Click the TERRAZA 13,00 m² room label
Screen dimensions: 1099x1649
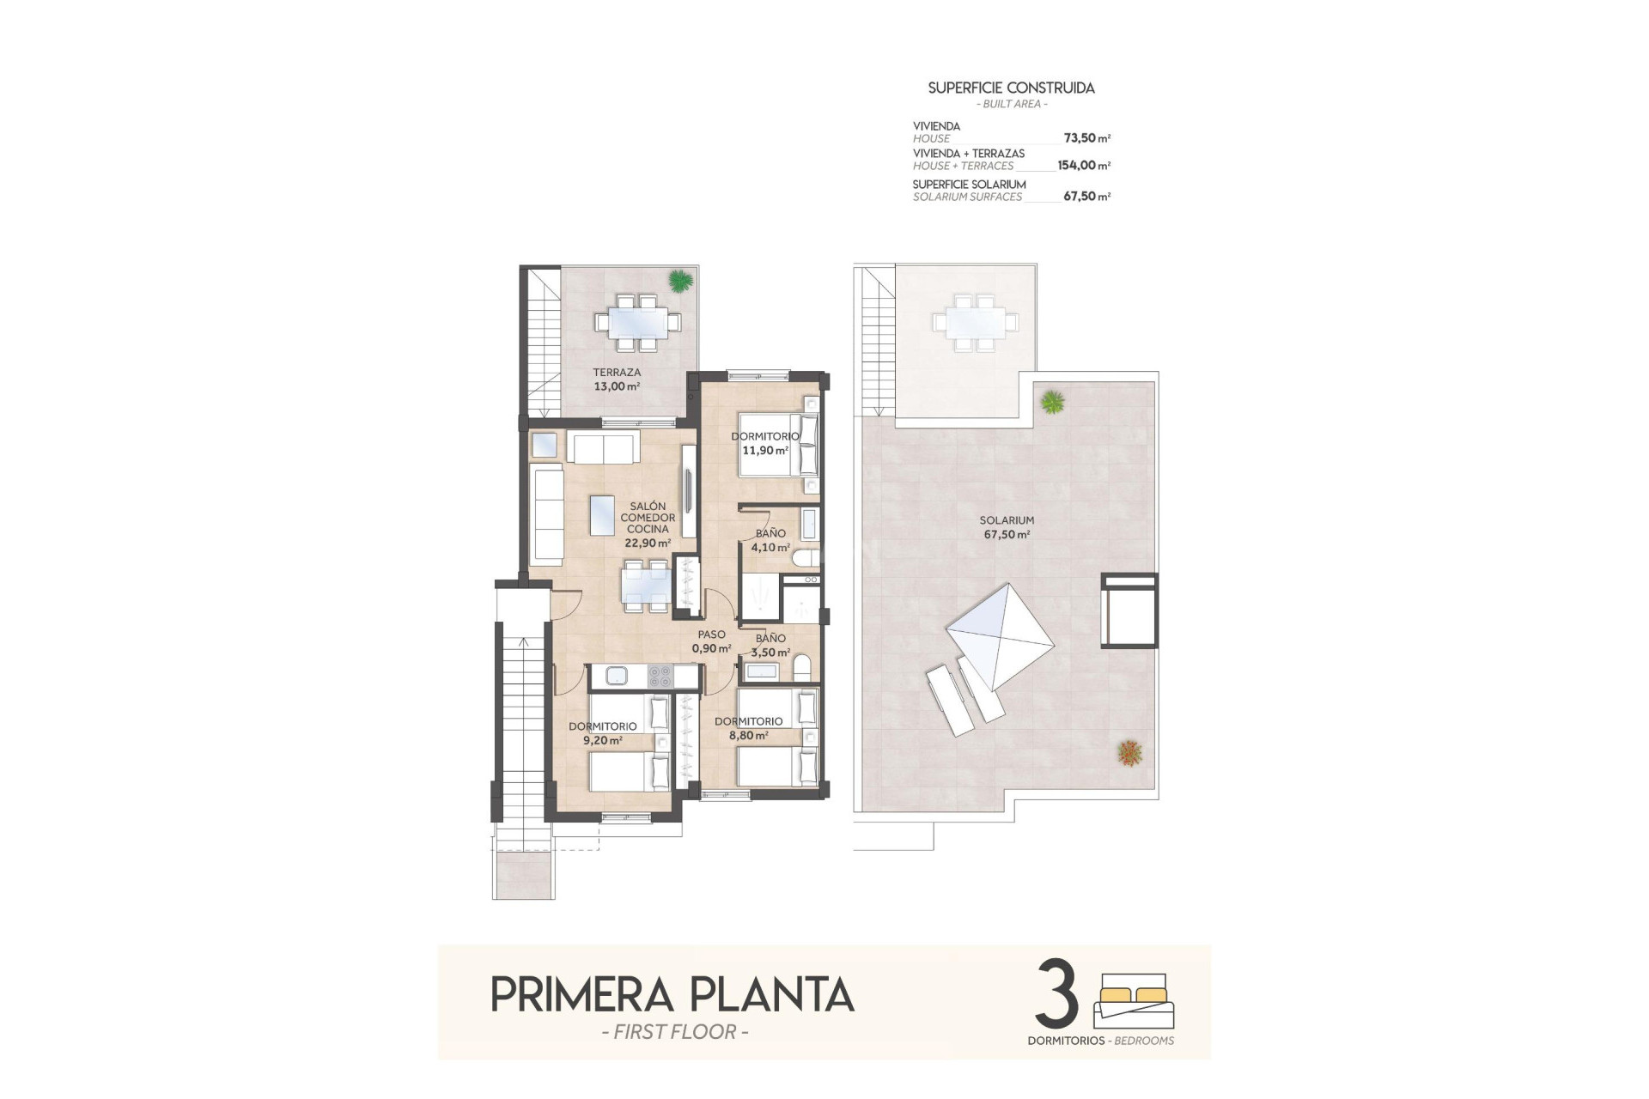[617, 379]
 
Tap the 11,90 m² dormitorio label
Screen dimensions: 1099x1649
[764, 443]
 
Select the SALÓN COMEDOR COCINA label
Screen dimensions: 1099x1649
[648, 524]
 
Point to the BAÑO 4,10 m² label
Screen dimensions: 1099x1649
[770, 540]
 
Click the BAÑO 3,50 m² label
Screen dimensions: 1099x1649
[770, 645]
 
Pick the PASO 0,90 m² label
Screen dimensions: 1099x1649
[711, 641]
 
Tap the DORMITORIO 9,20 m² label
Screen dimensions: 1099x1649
[603, 732]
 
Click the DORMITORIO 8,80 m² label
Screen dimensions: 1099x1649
[748, 728]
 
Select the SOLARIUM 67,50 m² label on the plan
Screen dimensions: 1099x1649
[1007, 526]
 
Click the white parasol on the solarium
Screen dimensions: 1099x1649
[1000, 636]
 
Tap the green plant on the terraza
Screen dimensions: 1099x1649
[679, 280]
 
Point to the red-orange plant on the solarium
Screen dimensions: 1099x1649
[1129, 753]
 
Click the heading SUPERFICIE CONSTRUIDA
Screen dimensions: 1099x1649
[1011, 88]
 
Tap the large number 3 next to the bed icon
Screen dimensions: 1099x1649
[1057, 993]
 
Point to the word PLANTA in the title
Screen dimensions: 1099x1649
[772, 995]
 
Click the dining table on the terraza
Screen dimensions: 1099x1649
[637, 323]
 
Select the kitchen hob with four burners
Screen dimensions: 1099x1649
[660, 677]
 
